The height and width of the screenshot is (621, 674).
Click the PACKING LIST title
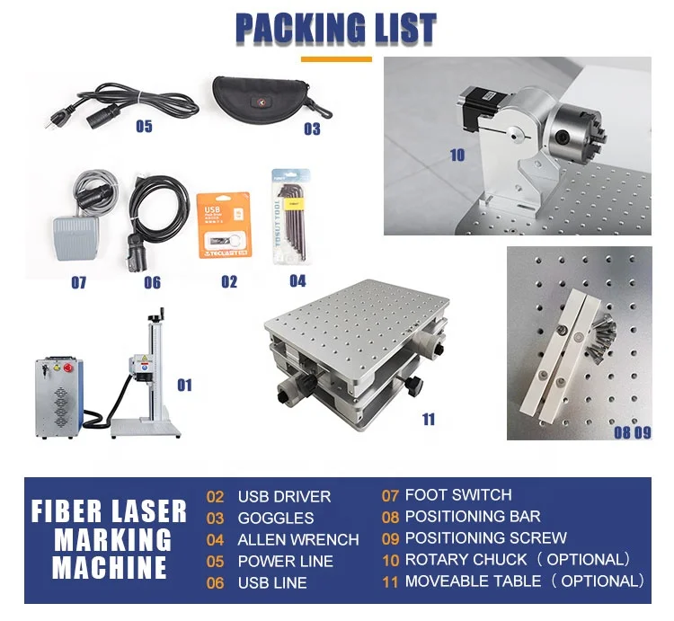(336, 29)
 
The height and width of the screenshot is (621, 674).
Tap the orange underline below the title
(336, 59)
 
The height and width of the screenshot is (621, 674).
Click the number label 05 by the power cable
(144, 127)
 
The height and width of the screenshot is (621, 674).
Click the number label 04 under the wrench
(297, 280)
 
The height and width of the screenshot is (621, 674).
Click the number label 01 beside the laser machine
(184, 386)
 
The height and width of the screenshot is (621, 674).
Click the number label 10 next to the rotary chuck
(457, 155)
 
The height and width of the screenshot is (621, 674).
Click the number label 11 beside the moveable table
(428, 419)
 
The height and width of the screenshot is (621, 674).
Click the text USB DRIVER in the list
(284, 496)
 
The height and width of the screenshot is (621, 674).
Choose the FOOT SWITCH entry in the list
(458, 494)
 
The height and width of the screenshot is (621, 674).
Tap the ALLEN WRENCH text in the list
(297, 539)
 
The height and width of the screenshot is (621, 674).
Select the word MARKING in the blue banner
(111, 539)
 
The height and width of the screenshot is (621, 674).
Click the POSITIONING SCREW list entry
(485, 537)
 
